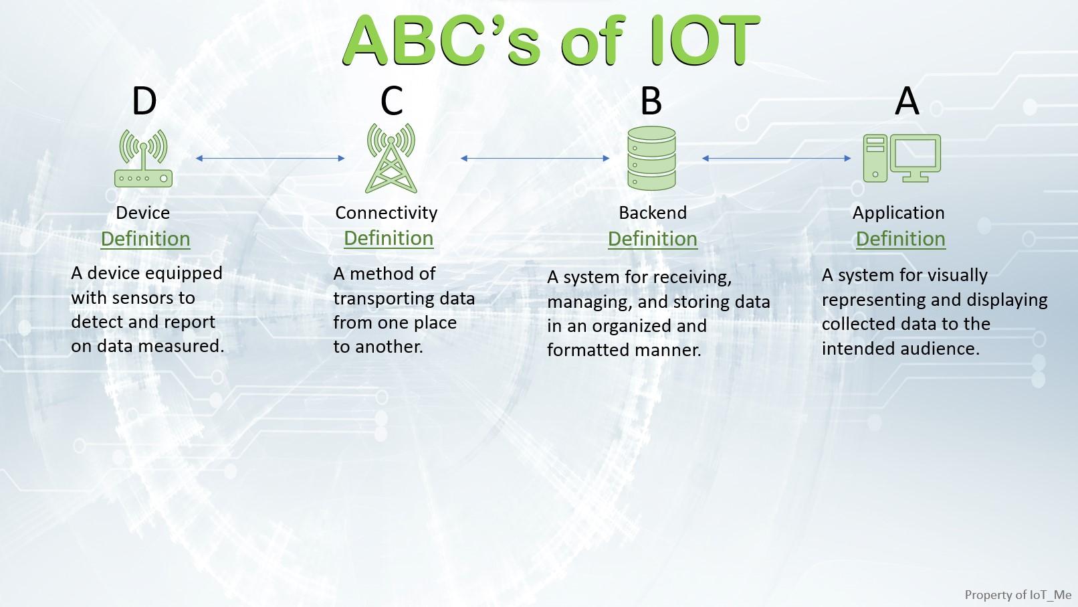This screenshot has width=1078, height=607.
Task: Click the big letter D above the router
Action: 144,101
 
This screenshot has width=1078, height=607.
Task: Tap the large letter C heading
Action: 391,100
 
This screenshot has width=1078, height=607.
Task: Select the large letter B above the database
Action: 651,101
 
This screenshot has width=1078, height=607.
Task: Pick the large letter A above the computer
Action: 907,101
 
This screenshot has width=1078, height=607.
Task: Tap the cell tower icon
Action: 391,158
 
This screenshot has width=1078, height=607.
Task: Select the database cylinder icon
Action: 651,158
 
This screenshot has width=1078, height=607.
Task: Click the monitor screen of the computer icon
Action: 915,153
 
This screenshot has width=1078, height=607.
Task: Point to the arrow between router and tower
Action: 270,158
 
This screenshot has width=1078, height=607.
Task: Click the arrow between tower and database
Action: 535,158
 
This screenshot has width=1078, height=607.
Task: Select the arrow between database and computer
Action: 776,158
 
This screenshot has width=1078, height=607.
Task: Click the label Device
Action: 143,212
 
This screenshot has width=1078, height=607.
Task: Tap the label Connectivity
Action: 387,213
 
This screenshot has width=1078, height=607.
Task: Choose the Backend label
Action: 653,212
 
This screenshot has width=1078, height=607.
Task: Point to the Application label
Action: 899,213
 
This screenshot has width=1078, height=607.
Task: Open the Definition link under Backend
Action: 653,239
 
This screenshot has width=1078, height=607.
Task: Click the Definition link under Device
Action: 145,239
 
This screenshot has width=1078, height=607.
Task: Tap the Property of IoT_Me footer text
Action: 1018,595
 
